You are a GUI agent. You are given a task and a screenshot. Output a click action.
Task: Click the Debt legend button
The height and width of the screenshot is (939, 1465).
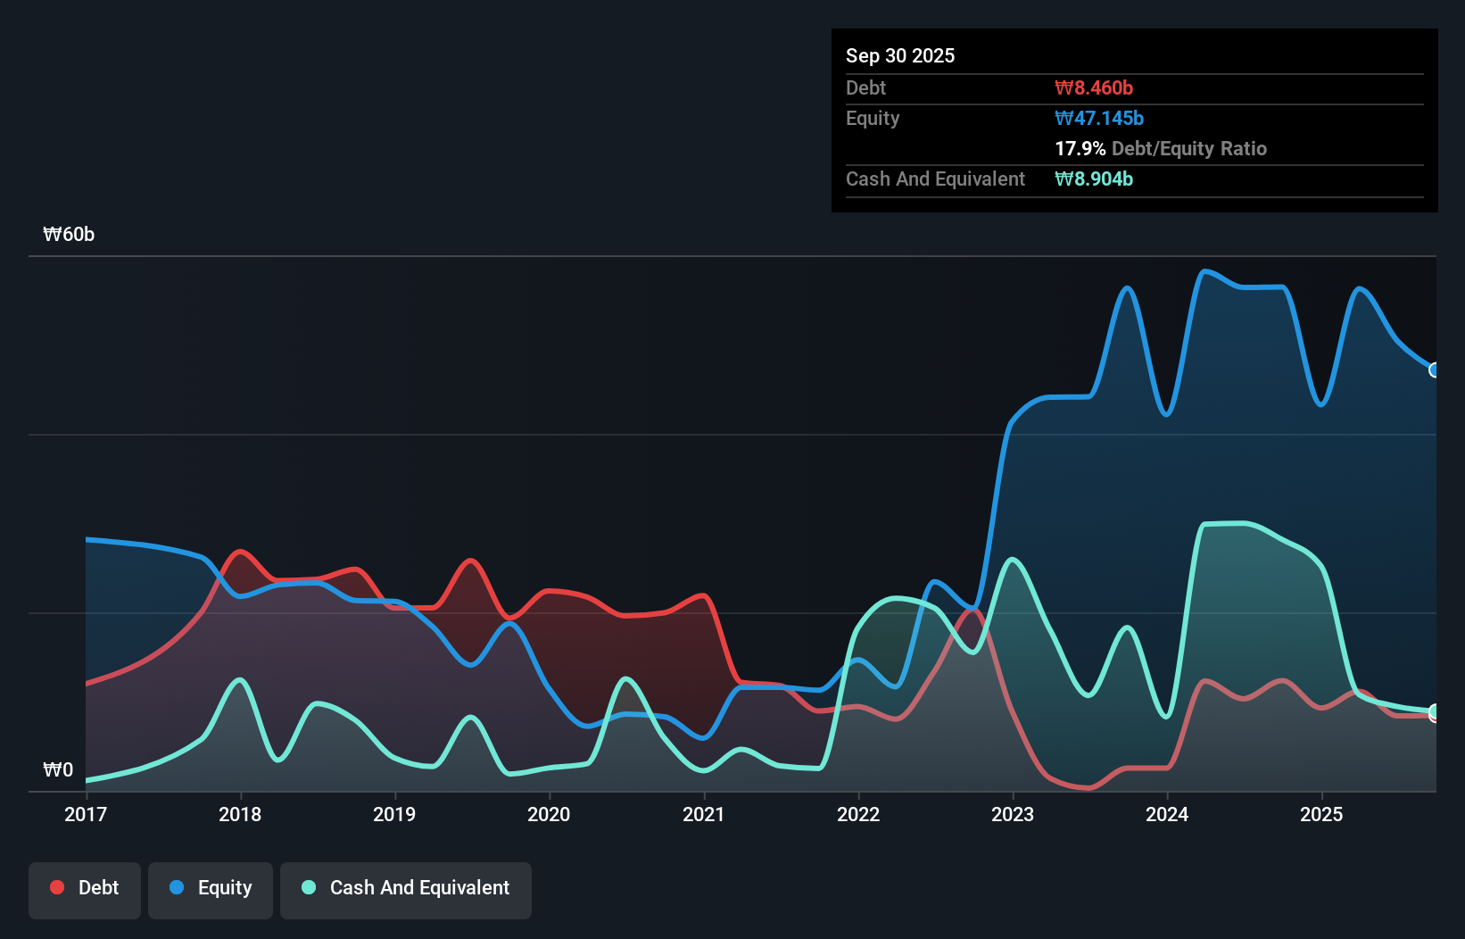pos(85,888)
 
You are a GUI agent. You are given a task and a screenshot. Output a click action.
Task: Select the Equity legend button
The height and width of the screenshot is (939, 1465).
pos(211,888)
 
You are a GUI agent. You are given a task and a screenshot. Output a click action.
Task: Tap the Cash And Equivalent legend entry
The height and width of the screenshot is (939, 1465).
pos(406,888)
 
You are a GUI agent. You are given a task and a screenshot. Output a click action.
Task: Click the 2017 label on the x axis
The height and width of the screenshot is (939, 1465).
pos(86,814)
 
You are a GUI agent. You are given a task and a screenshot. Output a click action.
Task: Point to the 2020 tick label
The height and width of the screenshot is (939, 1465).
pos(549,814)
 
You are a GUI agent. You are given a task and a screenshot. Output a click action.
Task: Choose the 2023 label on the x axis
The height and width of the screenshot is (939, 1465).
pos(1013,814)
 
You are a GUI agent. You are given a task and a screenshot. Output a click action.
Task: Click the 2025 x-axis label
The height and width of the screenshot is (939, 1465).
pos(1321,814)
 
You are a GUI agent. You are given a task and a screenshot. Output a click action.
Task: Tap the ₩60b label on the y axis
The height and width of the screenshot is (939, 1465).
pos(69,235)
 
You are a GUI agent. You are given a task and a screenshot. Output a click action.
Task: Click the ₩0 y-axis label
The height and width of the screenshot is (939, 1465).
pos(58,769)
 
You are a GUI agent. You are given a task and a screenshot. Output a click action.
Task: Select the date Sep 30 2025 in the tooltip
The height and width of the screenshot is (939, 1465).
pos(900,55)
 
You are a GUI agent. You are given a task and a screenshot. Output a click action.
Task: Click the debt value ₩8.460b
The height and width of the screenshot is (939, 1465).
pos(1094,87)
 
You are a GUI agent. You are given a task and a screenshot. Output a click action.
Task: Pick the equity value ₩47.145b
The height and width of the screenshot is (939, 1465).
pos(1099,118)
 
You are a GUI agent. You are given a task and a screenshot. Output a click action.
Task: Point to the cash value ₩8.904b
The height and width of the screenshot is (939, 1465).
pos(1094,179)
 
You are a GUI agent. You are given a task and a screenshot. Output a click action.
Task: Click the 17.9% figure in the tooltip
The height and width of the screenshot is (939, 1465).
pos(1080,148)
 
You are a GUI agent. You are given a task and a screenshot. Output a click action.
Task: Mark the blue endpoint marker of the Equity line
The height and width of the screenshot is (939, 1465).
pos(1435,370)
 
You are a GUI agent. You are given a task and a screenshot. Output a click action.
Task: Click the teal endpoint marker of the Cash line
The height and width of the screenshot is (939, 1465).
pos(1435,711)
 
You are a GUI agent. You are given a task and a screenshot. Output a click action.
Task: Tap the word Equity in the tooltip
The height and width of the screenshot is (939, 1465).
pos(873,118)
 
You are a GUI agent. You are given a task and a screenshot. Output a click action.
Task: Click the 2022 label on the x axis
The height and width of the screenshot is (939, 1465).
pos(858,814)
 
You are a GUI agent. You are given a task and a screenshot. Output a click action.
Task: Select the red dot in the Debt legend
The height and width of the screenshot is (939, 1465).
pos(57,887)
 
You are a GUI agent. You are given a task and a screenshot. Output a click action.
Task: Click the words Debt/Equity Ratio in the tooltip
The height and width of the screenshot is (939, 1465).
pos(1189,148)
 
